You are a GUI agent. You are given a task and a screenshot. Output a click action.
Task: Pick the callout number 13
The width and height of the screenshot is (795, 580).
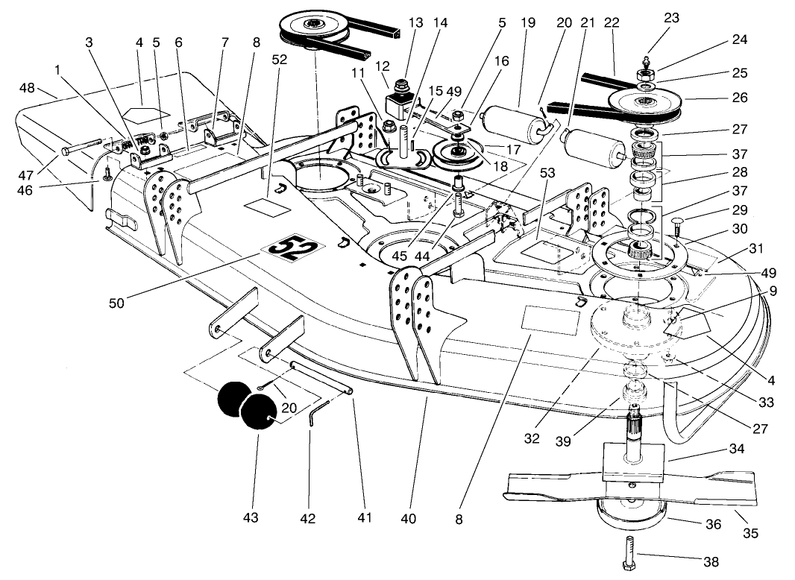pyautogui.click(x=414, y=24)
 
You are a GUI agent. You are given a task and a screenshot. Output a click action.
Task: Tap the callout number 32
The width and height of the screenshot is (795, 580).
pyautogui.click(x=531, y=438)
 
